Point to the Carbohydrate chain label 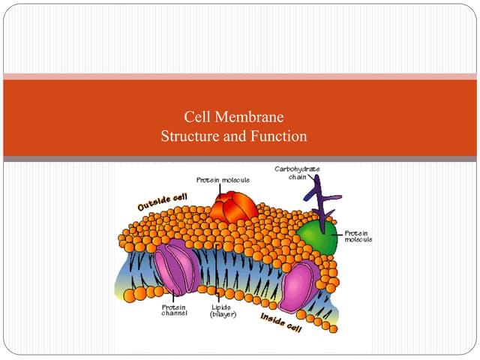[x=297, y=172]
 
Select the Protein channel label [x=174, y=310]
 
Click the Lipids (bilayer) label [x=223, y=310]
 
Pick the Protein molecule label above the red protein [x=223, y=180]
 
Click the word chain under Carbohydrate [x=297, y=176]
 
